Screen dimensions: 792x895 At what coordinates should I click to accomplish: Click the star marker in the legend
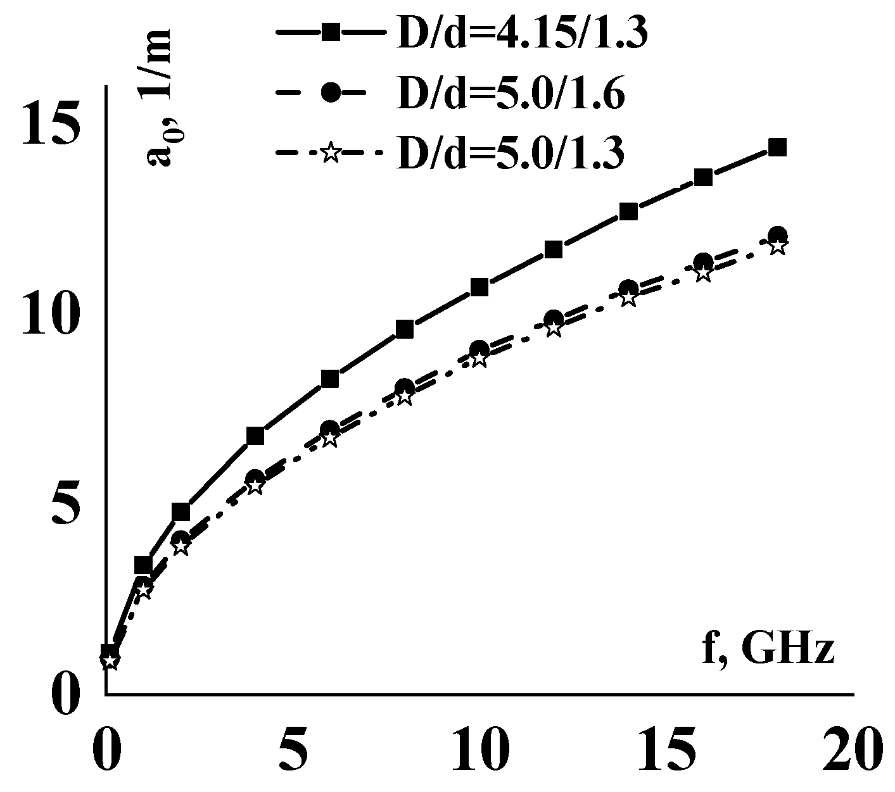point(329,153)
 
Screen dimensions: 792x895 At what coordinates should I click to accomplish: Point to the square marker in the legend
point(329,32)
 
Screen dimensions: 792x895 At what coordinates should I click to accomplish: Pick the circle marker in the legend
point(329,93)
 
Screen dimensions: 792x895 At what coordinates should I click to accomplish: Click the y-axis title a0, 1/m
point(161,101)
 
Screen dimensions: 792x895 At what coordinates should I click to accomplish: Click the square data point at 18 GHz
point(777,148)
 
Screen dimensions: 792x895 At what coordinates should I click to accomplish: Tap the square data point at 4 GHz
point(255,436)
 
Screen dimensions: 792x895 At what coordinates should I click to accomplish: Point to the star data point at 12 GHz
point(554,328)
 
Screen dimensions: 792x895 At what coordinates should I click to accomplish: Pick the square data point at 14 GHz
point(628,211)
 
